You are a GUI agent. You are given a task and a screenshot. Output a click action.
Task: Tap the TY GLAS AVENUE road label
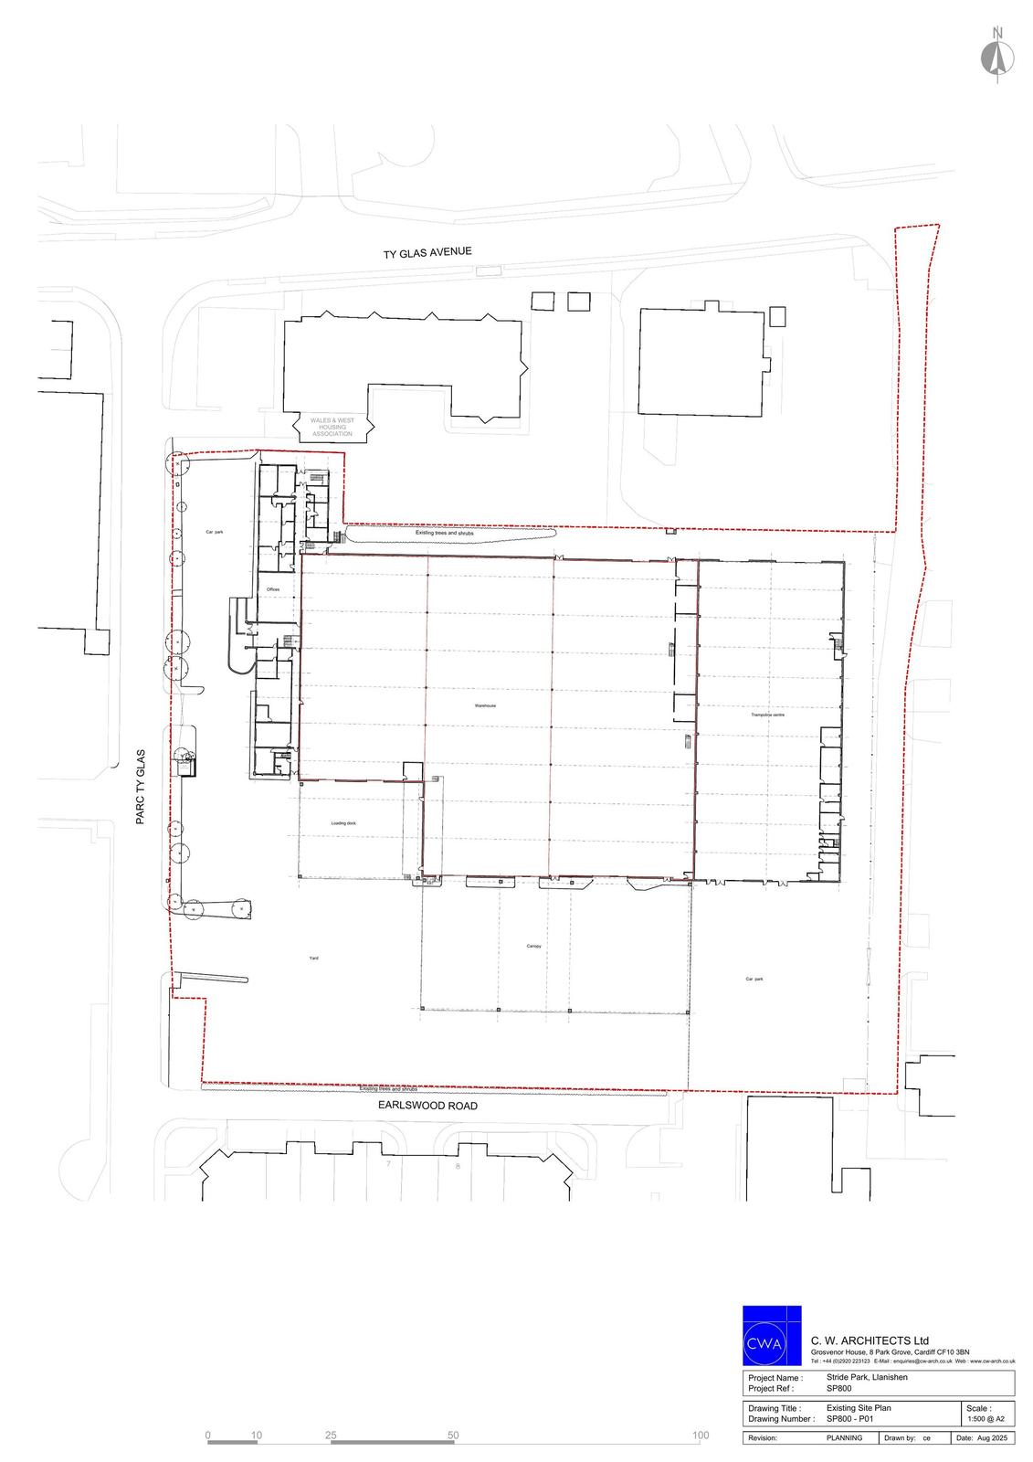[x=427, y=252]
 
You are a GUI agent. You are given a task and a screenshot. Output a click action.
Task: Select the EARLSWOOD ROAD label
[x=427, y=1106]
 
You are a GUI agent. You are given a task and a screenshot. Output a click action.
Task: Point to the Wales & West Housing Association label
[x=332, y=427]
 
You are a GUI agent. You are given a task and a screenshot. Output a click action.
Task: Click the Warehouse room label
[x=484, y=706]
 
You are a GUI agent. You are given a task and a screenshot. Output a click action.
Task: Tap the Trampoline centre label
[x=767, y=715]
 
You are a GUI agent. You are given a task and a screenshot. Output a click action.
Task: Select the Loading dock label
[x=343, y=823]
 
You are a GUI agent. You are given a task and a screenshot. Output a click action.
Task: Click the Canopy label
[x=533, y=947]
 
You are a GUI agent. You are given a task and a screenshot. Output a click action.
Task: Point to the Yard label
[x=313, y=959]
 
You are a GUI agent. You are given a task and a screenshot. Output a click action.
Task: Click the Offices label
[x=272, y=590]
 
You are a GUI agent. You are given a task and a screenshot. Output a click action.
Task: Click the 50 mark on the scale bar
[x=453, y=1436]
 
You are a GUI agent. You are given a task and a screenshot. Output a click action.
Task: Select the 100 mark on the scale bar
[x=701, y=1436]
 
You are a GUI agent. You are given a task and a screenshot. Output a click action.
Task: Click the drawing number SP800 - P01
[x=849, y=1419]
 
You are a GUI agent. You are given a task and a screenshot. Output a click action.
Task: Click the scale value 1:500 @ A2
[x=986, y=1419]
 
